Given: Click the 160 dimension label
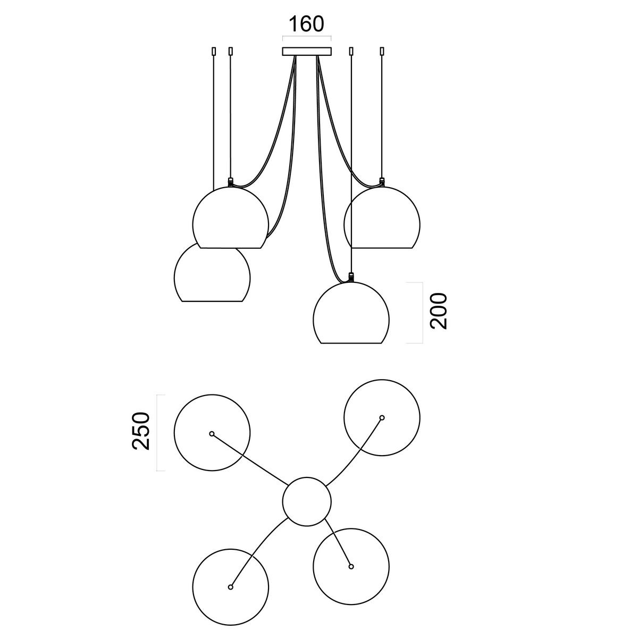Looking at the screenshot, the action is [x=307, y=24].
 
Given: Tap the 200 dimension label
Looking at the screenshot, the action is [x=438, y=311].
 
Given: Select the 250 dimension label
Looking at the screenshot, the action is [x=141, y=431].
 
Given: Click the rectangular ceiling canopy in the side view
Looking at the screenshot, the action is [x=307, y=52].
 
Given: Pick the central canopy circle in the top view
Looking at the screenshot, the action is [x=307, y=501].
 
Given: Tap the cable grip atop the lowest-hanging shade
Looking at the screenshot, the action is [x=351, y=277].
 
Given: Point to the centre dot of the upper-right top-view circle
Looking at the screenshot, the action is [x=382, y=417].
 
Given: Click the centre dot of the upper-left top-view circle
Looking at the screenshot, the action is [x=212, y=433].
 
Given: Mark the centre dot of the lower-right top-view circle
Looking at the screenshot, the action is [x=351, y=566].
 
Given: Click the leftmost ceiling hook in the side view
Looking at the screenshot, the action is [x=214, y=52].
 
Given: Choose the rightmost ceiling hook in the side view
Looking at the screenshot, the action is [x=382, y=52].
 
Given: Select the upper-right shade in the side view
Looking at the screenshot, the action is [x=382, y=217].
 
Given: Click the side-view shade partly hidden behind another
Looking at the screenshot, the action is [x=212, y=275].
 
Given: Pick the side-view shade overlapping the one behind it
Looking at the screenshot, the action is [x=231, y=217].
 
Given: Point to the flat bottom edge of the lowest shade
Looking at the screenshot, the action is [x=351, y=343].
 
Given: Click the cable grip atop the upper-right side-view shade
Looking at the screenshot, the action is [x=382, y=182].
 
